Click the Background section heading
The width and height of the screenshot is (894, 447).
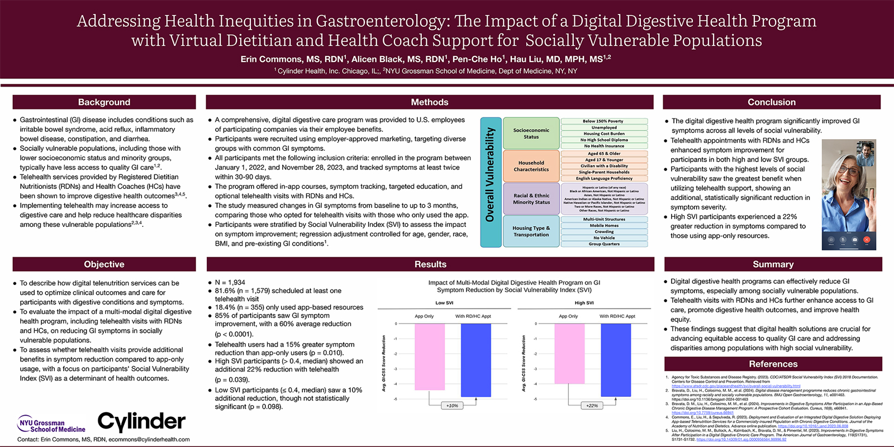click(104, 102)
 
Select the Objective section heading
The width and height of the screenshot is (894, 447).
click(104, 264)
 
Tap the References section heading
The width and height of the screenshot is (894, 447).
click(773, 364)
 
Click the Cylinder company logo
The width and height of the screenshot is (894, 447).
click(141, 421)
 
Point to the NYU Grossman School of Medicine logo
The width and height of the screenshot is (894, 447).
click(51, 425)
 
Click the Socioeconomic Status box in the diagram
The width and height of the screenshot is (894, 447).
click(531, 134)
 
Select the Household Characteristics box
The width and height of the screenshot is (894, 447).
click(531, 166)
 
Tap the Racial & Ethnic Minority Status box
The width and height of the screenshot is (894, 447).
click(531, 199)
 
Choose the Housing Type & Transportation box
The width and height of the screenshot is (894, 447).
click(531, 231)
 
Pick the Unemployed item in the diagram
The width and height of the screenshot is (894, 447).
click(604, 127)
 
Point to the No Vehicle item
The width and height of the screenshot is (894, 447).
click(604, 237)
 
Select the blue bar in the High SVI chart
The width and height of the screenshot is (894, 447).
click(615, 360)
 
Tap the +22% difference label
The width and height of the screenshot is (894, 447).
click(592, 406)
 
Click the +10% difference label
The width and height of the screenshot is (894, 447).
click(452, 406)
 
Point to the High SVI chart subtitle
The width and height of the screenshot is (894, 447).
click(584, 303)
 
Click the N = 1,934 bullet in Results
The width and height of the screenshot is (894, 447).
click(230, 283)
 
